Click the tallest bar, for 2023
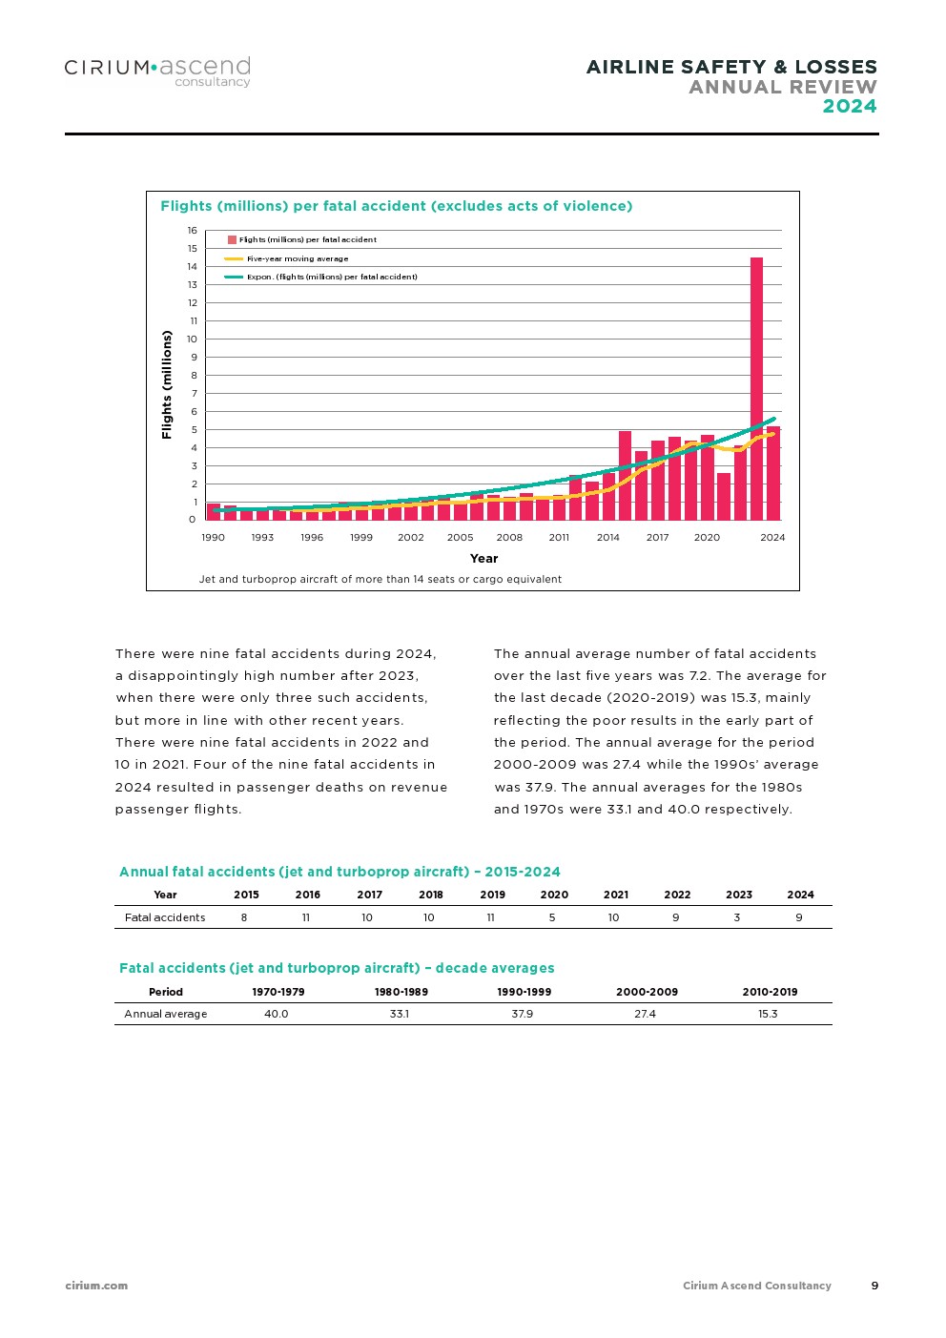[756, 389]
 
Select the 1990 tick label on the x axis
[213, 538]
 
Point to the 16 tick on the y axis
[193, 231]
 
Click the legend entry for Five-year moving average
[297, 258]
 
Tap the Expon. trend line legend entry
[331, 277]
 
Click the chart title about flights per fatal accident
[396, 206]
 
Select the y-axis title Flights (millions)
[167, 384]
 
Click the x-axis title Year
[483, 559]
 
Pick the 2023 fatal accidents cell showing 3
[737, 917]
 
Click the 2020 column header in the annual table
[554, 895]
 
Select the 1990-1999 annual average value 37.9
[522, 1014]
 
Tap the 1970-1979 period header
[278, 992]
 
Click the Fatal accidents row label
[165, 917]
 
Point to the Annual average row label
[166, 1014]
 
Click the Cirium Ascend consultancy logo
[157, 72]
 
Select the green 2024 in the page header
[850, 107]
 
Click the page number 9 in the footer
[874, 1286]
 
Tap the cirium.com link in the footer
[96, 1286]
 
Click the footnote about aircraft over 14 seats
[380, 579]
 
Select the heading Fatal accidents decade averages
[337, 968]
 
